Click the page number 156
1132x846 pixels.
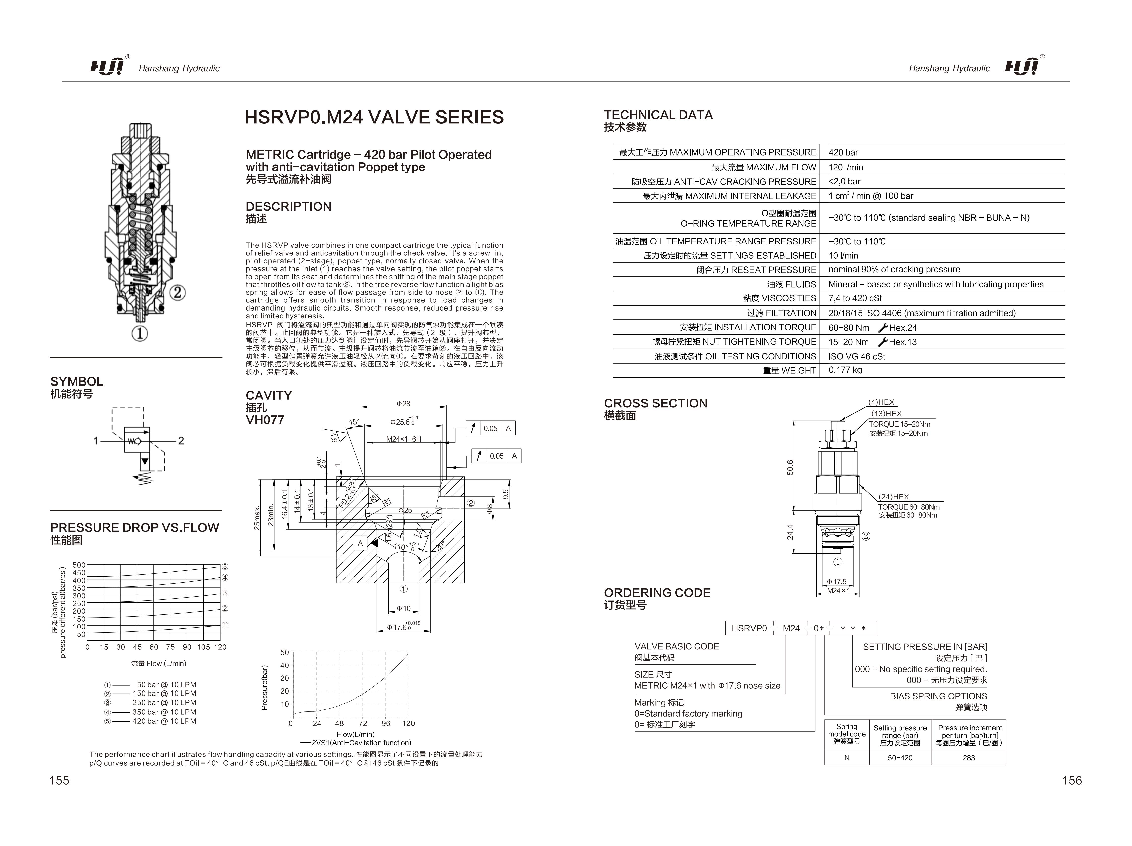(x=1072, y=780)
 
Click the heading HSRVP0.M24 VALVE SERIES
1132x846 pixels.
(x=374, y=117)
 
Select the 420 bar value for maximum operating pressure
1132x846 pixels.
(x=843, y=152)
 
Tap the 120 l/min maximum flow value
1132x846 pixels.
(x=845, y=167)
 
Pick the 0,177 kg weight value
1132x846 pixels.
(x=845, y=370)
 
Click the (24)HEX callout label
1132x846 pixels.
(x=894, y=497)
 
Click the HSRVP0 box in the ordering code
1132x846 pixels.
(x=749, y=628)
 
